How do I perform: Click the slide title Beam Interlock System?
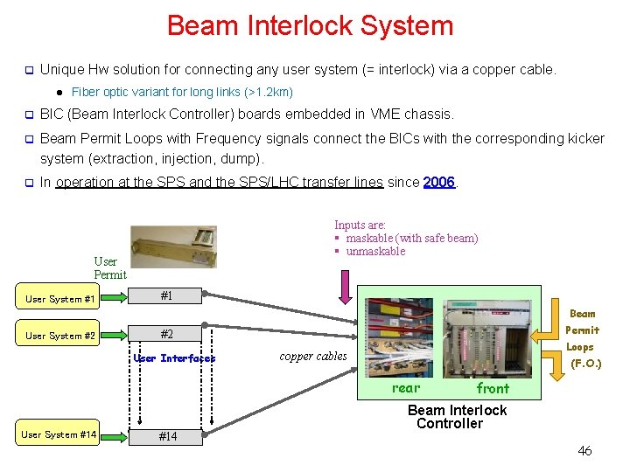(310, 25)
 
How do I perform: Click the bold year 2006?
(438, 182)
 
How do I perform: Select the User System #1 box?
(60, 299)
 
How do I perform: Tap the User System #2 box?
(60, 336)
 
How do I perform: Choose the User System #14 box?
(60, 434)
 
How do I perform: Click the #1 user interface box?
(166, 296)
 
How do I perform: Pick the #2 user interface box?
(166, 334)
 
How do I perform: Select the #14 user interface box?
(166, 436)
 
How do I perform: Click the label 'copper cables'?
(313, 356)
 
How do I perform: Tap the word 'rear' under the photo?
(406, 388)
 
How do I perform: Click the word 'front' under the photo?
(493, 388)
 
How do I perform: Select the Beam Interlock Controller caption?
(457, 417)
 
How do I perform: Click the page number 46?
(584, 451)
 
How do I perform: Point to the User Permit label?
(109, 267)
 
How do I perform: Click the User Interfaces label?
(174, 358)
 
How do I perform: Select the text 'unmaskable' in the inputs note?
(375, 252)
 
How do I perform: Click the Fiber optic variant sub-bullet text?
(182, 92)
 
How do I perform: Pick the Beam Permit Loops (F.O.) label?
(584, 338)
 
